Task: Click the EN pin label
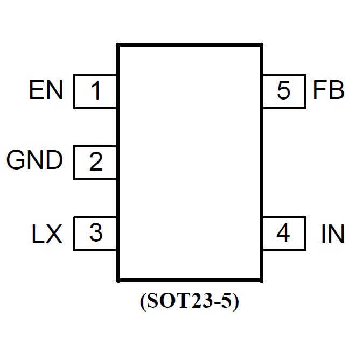pyautogui.click(x=46, y=90)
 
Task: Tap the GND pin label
pyautogui.click(x=34, y=160)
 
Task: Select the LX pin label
pyautogui.click(x=46, y=235)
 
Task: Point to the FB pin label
pyautogui.click(x=329, y=90)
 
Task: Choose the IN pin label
pyautogui.click(x=332, y=235)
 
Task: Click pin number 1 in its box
pyautogui.click(x=95, y=91)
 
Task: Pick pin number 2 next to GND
pyautogui.click(x=95, y=161)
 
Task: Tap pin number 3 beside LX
pyautogui.click(x=95, y=234)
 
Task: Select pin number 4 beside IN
pyautogui.click(x=283, y=234)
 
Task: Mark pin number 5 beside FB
pyautogui.click(x=283, y=90)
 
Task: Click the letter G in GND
pyautogui.click(x=16, y=160)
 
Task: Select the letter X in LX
pyautogui.click(x=54, y=235)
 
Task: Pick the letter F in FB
pyautogui.click(x=319, y=90)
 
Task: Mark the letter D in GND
pyautogui.click(x=54, y=160)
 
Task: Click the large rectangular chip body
pyautogui.click(x=190, y=161)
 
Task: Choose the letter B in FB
pyautogui.click(x=337, y=90)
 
